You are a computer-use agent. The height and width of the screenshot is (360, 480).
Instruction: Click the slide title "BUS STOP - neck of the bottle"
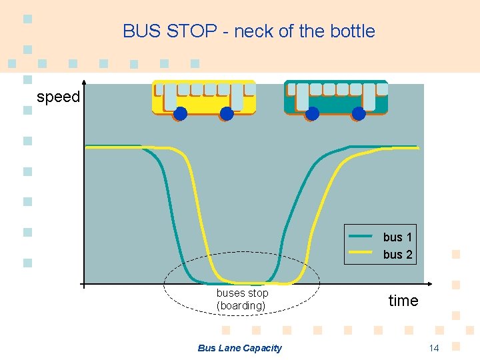(249, 31)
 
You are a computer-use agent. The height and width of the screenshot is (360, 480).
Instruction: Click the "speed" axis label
(58, 97)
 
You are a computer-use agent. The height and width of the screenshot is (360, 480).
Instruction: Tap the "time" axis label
(403, 301)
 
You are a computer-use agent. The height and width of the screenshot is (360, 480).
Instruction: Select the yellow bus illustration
(203, 99)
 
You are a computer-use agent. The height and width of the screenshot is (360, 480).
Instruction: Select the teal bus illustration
(336, 99)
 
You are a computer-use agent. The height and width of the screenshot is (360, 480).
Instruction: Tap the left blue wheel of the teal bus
(311, 114)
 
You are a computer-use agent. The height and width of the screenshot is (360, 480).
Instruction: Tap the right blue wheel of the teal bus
(359, 114)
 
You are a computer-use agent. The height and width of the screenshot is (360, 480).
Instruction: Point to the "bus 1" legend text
(397, 237)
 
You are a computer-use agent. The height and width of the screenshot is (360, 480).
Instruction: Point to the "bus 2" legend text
(397, 254)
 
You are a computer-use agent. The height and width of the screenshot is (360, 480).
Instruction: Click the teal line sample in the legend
(361, 236)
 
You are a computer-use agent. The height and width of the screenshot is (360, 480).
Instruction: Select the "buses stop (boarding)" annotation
(242, 299)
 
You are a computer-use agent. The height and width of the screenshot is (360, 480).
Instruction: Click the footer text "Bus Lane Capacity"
(240, 348)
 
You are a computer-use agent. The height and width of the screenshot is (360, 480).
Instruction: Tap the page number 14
(434, 348)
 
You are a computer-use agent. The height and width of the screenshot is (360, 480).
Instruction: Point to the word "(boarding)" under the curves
(241, 306)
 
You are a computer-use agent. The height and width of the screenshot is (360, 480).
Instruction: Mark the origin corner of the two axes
(83, 285)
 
